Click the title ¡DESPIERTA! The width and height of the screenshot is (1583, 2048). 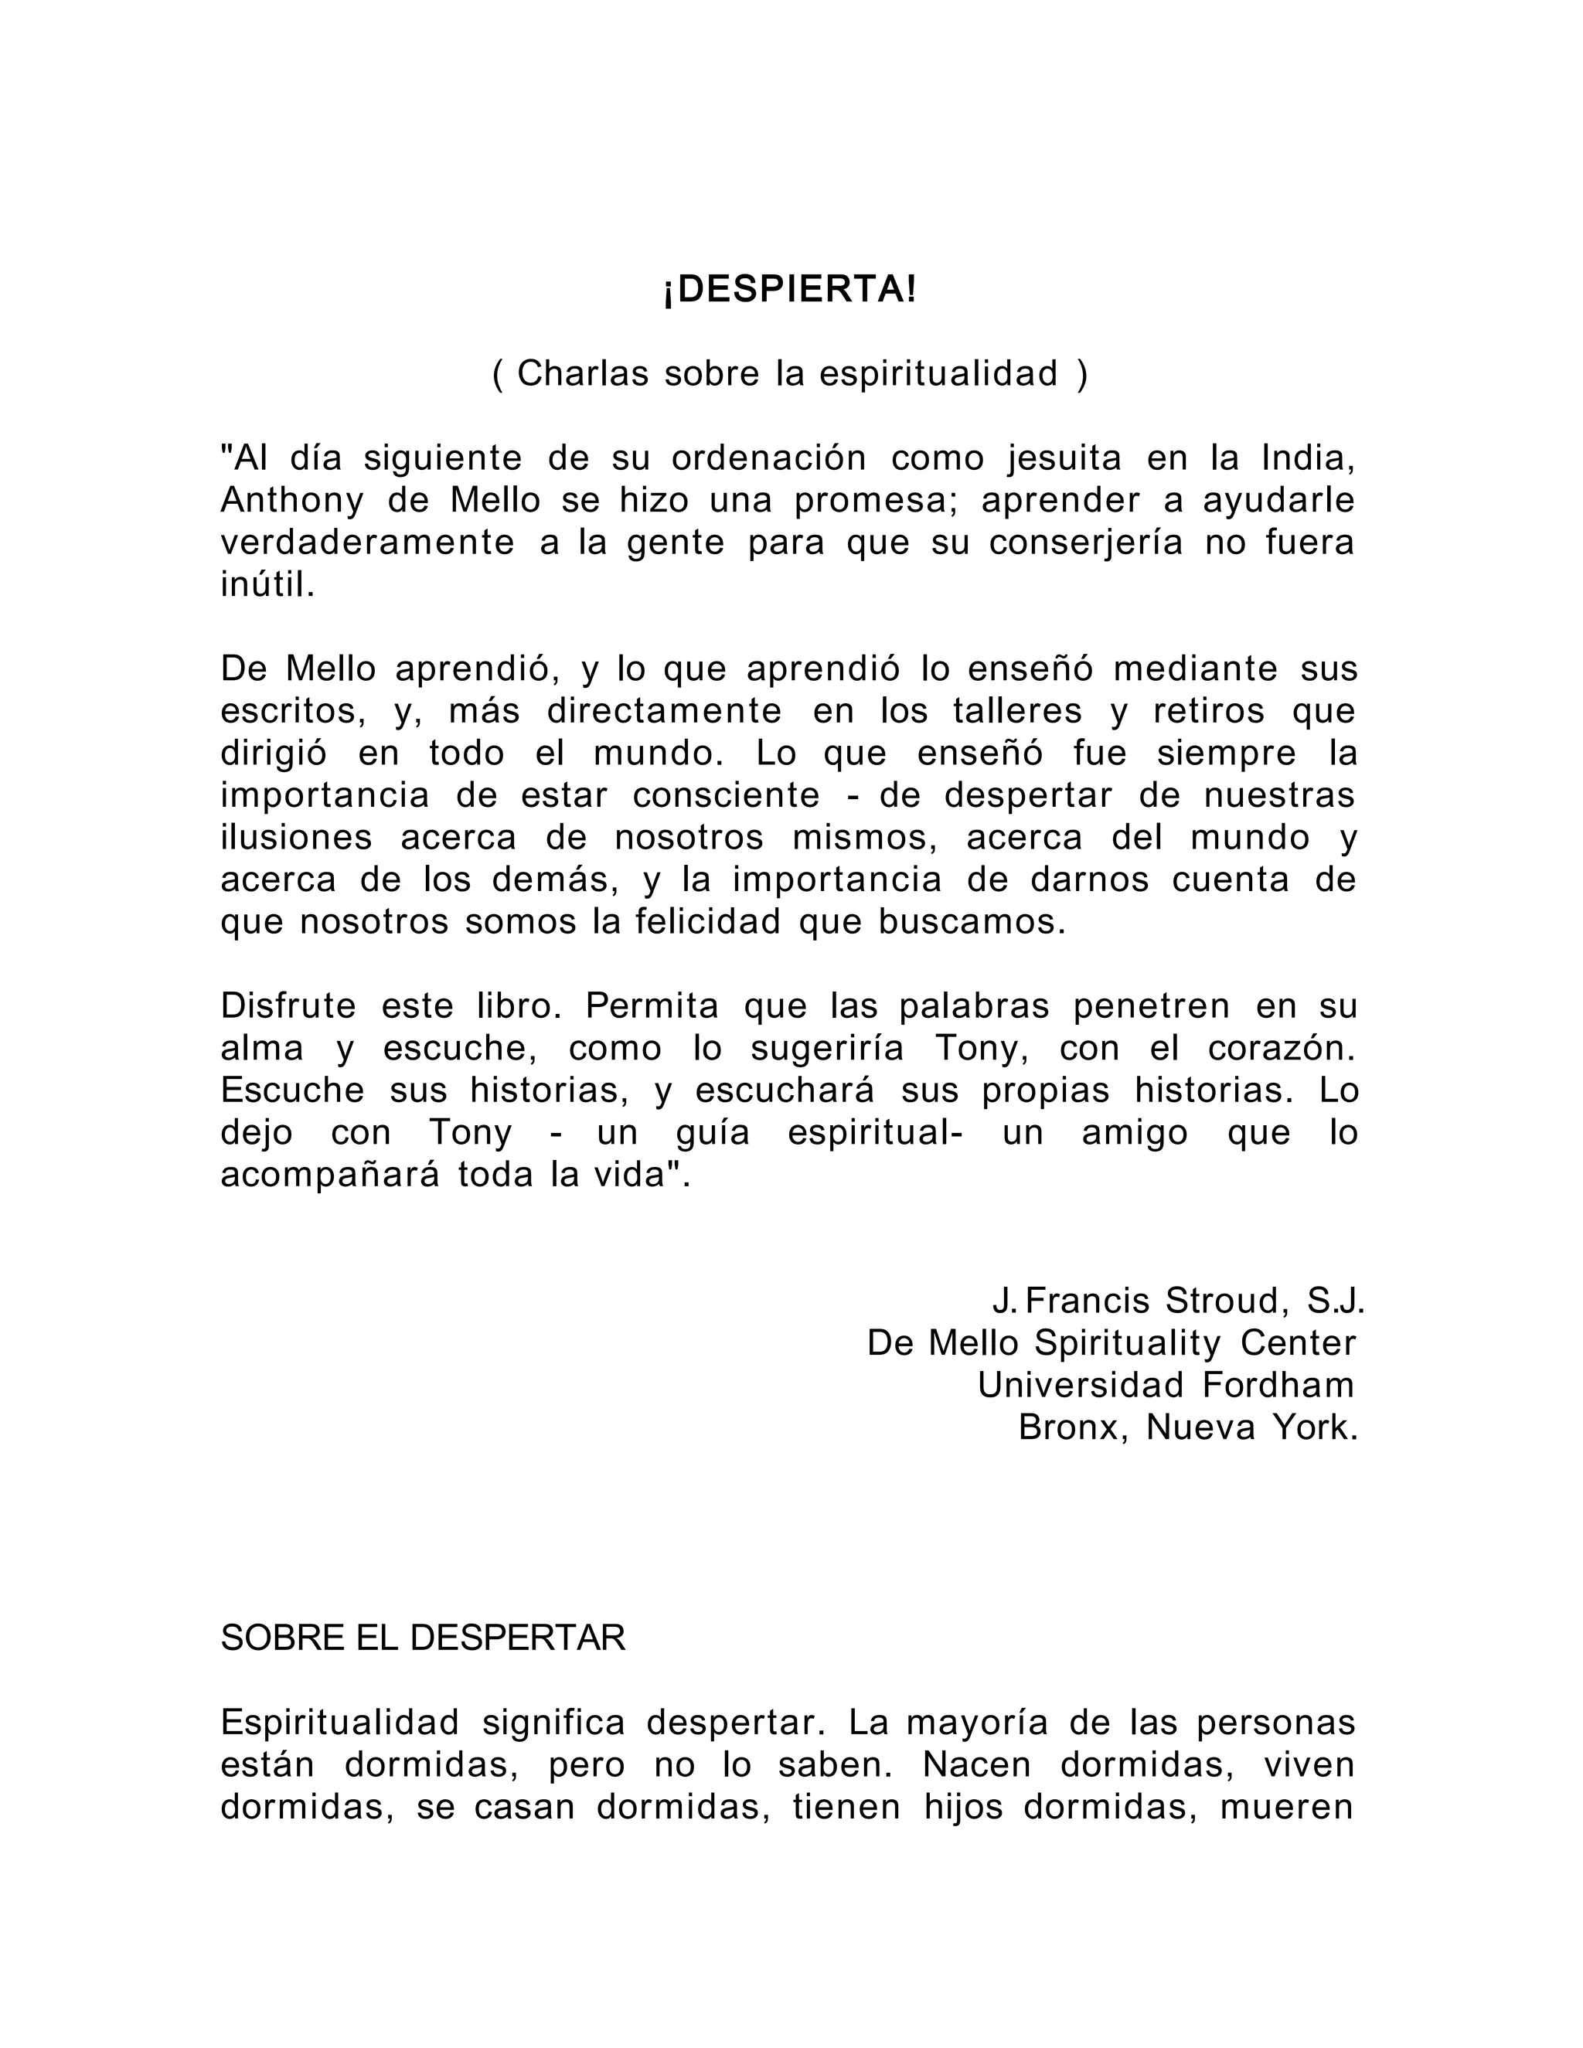click(x=790, y=291)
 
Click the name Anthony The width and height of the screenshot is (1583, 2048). click(x=291, y=501)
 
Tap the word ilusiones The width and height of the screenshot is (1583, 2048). click(x=296, y=838)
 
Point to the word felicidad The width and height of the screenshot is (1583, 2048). click(x=707, y=922)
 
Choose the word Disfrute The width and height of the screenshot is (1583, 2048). click(x=288, y=1006)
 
